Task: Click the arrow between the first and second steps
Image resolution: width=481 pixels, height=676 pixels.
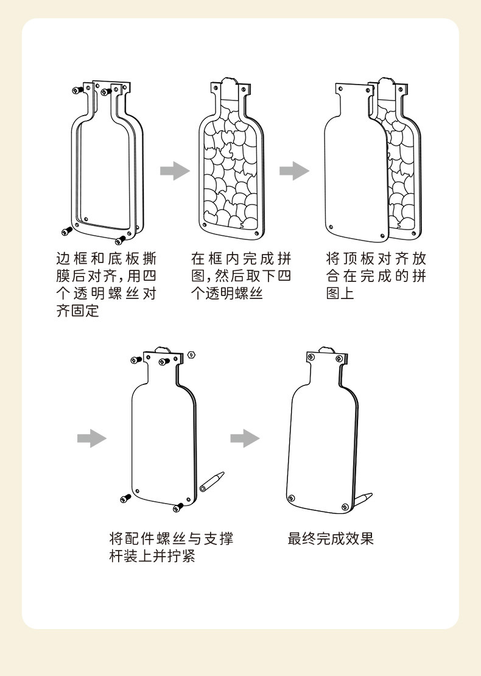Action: click(x=175, y=171)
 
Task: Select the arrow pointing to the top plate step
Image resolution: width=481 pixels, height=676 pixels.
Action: click(x=294, y=171)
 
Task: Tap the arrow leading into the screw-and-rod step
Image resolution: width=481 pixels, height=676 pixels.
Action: click(x=92, y=438)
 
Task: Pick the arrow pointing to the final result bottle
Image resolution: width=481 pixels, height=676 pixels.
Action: click(x=245, y=438)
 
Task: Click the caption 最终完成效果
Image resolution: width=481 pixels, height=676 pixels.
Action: click(x=331, y=538)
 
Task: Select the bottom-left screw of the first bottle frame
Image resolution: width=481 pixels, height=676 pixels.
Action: click(x=65, y=231)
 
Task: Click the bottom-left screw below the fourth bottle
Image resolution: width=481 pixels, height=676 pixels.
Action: click(x=125, y=498)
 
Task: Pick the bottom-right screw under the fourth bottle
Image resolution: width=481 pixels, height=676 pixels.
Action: click(x=178, y=506)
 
